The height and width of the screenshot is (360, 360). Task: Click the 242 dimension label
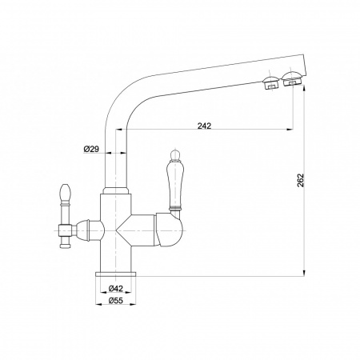click(204, 126)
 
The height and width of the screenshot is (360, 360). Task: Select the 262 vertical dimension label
click(301, 181)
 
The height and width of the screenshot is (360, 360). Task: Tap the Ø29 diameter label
click(91, 149)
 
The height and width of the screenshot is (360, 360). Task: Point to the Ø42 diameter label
click(116, 288)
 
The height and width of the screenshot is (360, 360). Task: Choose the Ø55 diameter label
click(116, 301)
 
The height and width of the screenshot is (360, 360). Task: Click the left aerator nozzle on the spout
click(270, 82)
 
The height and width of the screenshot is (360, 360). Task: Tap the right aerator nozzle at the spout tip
click(292, 78)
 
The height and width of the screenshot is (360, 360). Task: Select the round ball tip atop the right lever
click(174, 154)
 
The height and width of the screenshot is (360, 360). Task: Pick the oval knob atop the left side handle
click(66, 191)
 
